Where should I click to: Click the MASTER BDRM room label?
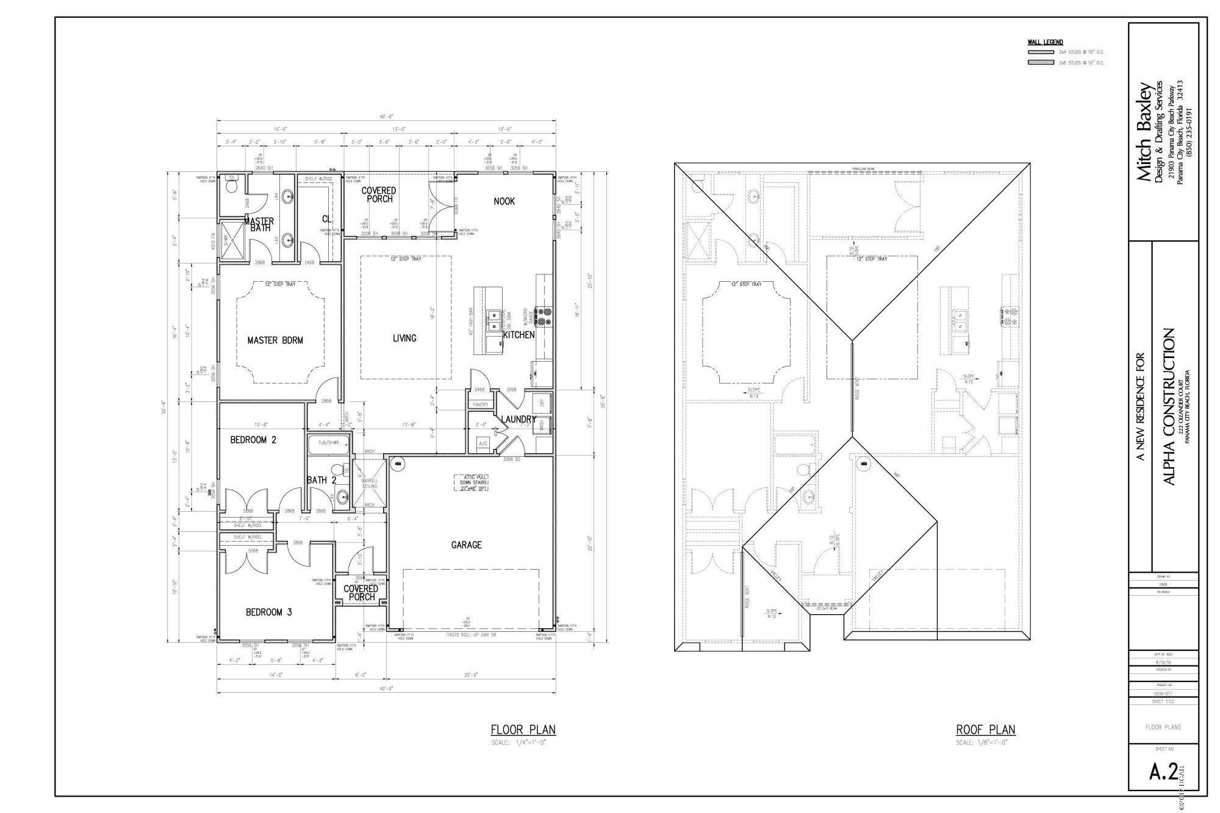point(274,340)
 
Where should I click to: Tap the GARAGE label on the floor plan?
point(466,545)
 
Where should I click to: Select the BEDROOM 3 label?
point(268,612)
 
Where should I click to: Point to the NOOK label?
point(504,201)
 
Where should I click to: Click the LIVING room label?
point(404,338)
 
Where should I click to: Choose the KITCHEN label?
point(518,335)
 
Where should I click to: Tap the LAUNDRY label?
point(518,420)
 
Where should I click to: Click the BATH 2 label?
point(321,481)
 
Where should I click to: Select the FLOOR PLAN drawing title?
point(523,729)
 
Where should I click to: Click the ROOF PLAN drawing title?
point(985,729)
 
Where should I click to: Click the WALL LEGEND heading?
point(1045,42)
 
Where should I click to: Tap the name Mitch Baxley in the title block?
point(1144,131)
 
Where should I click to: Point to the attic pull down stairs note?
point(472,483)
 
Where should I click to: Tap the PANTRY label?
point(479,404)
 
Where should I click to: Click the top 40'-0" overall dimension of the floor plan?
point(386,116)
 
